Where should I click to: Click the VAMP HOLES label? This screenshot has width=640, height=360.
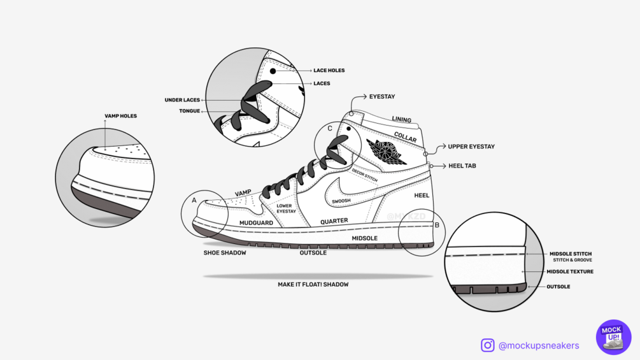(120, 116)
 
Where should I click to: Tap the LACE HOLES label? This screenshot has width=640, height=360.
(329, 71)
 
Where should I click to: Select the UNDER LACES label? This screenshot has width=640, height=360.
(182, 100)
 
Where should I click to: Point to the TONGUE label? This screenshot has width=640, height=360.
(189, 111)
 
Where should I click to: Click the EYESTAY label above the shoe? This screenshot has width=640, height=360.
(382, 97)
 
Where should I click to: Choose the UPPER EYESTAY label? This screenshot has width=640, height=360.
(471, 147)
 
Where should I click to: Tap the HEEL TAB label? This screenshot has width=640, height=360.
(462, 166)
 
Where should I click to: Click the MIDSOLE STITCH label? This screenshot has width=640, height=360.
(571, 254)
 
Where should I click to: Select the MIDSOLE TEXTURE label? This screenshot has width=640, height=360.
(570, 271)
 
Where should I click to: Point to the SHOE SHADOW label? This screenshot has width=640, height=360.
(225, 253)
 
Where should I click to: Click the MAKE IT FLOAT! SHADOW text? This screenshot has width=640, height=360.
(313, 284)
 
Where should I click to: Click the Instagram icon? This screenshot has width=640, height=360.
(488, 345)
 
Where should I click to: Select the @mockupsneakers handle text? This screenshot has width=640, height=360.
(539, 345)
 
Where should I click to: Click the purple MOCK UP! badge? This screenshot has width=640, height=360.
(613, 337)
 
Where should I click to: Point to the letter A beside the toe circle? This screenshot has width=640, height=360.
(194, 200)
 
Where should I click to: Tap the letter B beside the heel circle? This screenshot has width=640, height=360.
(437, 225)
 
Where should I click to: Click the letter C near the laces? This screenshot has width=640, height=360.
(330, 129)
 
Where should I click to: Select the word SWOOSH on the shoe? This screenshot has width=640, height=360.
(341, 201)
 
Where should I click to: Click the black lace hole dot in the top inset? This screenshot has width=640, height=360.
(273, 71)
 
